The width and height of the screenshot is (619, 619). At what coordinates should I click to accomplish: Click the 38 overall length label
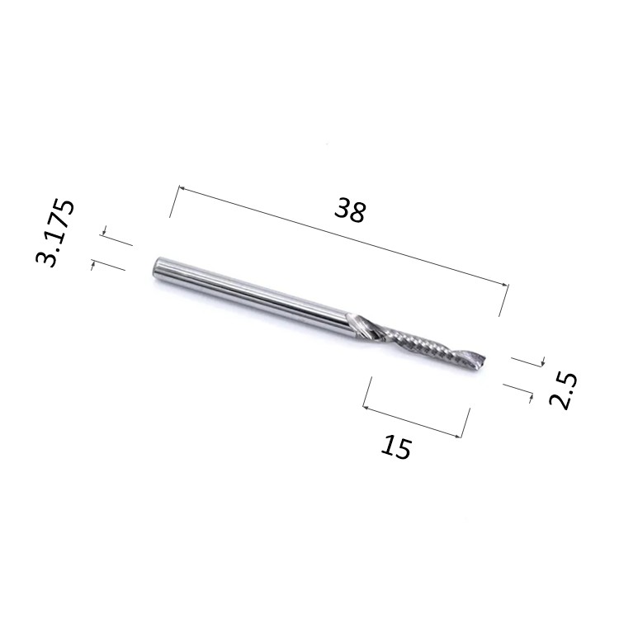click(350, 210)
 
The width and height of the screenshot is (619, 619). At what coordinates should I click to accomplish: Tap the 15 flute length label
click(396, 447)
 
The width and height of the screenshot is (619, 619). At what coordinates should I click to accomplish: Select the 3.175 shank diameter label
click(54, 233)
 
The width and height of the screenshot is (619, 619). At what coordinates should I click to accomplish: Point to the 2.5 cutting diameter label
click(564, 390)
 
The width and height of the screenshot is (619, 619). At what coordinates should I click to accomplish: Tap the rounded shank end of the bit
click(156, 269)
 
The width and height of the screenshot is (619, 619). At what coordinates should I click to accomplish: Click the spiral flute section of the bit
click(418, 343)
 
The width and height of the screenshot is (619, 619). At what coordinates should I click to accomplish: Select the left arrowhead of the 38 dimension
click(182, 189)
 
